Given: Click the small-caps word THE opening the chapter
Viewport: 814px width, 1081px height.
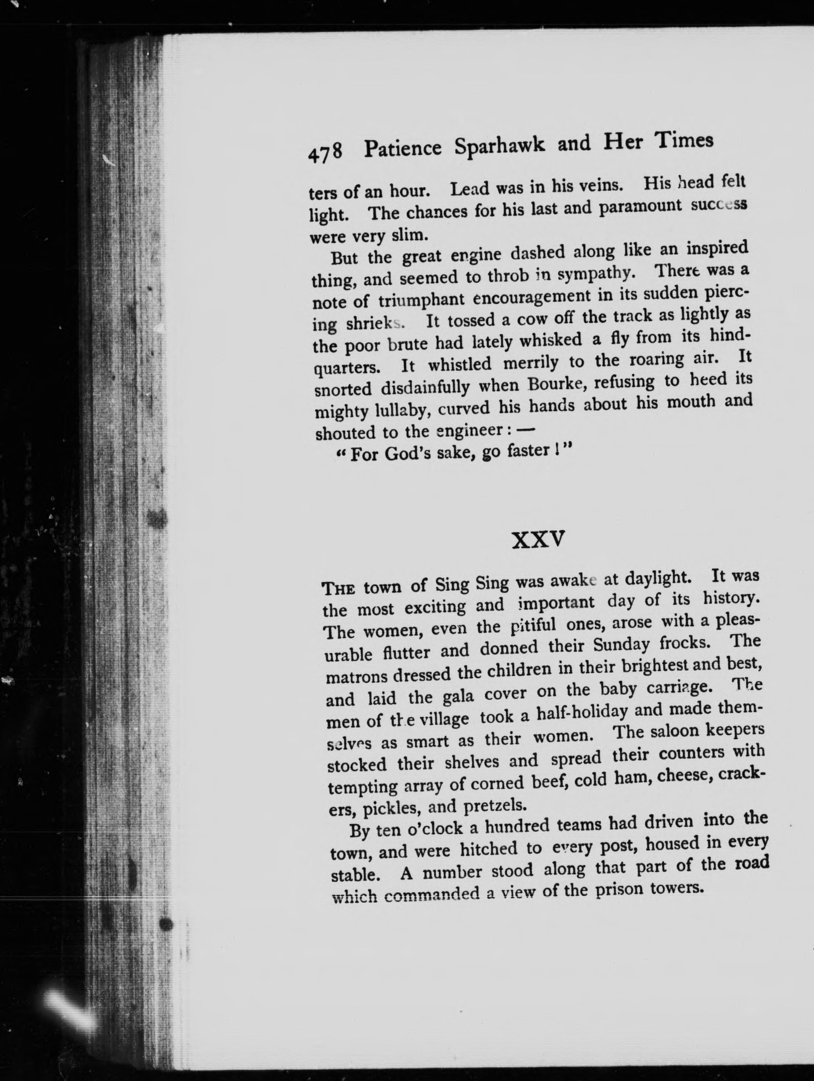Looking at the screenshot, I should pyautogui.click(x=338, y=588).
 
